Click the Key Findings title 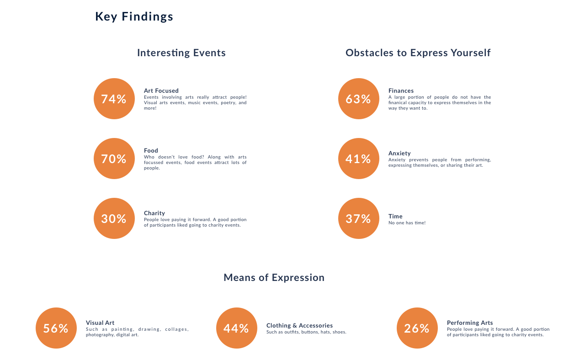coord(134,16)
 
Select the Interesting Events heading coord(181,53)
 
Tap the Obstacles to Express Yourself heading coord(418,53)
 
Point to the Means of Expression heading coord(274,277)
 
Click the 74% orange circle coord(114,99)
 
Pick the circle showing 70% coord(114,159)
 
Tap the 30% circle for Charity coord(114,218)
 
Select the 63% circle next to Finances coord(359,99)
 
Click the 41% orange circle coord(359,159)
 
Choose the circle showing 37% coord(359,218)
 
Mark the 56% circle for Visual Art coord(56,328)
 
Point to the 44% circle coord(237,328)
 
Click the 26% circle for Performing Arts coord(417,328)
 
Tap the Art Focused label coord(161,90)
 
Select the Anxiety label coord(399,153)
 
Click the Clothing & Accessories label coord(299,325)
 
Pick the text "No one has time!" coord(407,223)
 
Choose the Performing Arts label coord(470,323)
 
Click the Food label coord(151,150)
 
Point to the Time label coord(395,216)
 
